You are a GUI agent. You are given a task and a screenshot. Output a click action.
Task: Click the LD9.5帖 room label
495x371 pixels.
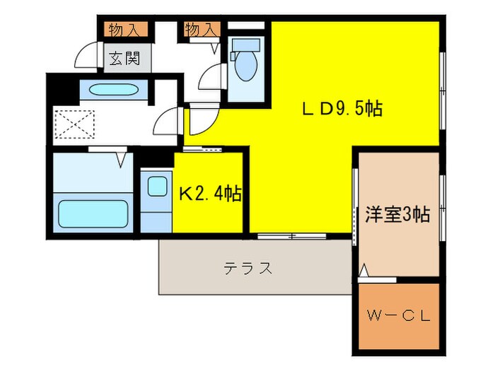tap(343, 109)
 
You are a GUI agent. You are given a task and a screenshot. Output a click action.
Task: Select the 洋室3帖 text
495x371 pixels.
tap(397, 214)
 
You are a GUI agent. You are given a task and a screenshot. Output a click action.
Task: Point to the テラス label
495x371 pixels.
tap(248, 269)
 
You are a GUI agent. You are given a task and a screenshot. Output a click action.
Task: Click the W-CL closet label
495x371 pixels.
tap(398, 316)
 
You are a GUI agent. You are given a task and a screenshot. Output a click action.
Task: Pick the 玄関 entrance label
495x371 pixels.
tap(124, 58)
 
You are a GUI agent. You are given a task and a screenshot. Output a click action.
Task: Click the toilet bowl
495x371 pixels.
tap(245, 67)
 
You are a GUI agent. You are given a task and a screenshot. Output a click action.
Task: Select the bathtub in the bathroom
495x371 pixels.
tap(92, 212)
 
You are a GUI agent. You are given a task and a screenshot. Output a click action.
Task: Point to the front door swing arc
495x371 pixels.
tap(86, 55)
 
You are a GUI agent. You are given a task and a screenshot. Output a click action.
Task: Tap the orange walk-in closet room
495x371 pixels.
tap(398, 316)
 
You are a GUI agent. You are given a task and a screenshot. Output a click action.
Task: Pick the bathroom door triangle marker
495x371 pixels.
tap(121, 159)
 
